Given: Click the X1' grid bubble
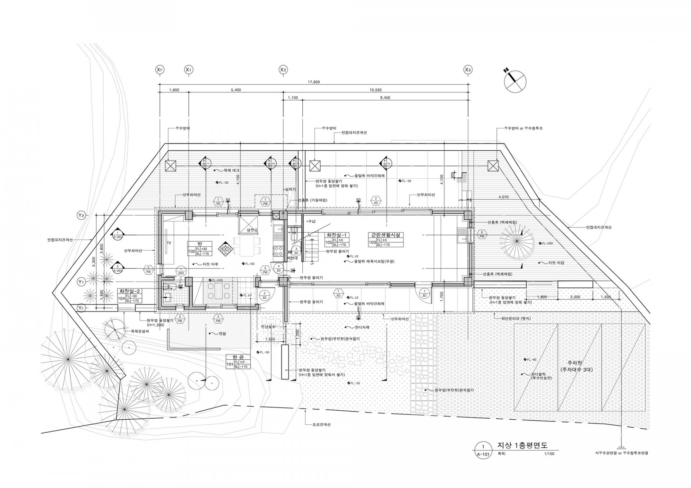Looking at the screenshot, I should point(159,69).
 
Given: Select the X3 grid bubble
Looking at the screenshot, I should point(468,69).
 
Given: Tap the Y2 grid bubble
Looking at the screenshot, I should point(81,215).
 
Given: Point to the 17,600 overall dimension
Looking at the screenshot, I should point(314,82).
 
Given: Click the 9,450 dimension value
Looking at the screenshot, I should point(385,98).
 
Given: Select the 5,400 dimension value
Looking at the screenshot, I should point(236,90).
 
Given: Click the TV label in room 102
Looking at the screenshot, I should point(169,243).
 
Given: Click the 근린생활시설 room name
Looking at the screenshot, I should point(385,235).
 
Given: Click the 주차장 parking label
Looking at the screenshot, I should point(577,364).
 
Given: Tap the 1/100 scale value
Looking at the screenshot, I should point(550,454).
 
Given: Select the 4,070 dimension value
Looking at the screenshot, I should point(503,197).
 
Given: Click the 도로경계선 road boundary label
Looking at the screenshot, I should point(322,425).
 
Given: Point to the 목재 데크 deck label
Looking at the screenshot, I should point(231,170).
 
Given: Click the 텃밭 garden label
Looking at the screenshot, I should point(222,334).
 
